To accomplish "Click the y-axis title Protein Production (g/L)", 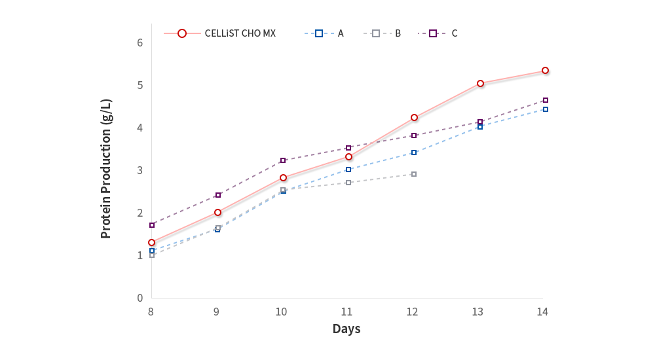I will pyautogui.click(x=106, y=169).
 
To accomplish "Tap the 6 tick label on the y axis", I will pyautogui.click(x=140, y=43).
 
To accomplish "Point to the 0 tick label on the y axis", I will pyautogui.click(x=140, y=298).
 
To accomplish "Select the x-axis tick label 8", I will pyautogui.click(x=151, y=312).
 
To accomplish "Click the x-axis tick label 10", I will pyautogui.click(x=282, y=312).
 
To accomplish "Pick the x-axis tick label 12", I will pyautogui.click(x=412, y=312).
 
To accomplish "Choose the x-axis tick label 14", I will pyautogui.click(x=542, y=312).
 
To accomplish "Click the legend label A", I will pyautogui.click(x=341, y=33).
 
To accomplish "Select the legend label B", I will pyautogui.click(x=398, y=33).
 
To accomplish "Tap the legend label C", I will pyautogui.click(x=455, y=33).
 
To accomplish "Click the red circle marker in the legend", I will pyautogui.click(x=182, y=33).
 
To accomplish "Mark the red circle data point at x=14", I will pyautogui.click(x=545, y=70).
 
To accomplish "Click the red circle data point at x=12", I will pyautogui.click(x=414, y=118).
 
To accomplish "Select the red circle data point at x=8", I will pyautogui.click(x=151, y=242).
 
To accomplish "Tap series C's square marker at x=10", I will pyautogui.click(x=283, y=160).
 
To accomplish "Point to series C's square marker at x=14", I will pyautogui.click(x=545, y=100).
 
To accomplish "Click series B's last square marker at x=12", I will pyautogui.click(x=414, y=174).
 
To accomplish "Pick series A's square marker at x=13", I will pyautogui.click(x=480, y=126).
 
